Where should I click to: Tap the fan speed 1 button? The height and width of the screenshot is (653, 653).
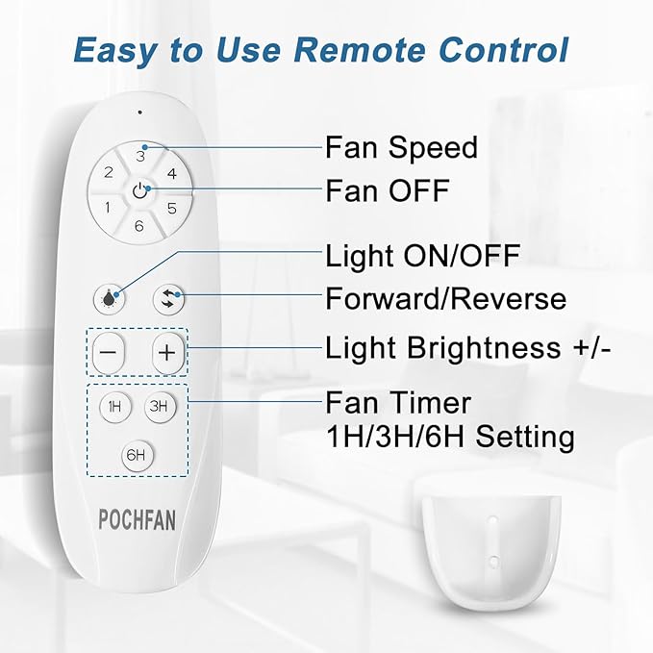[x=108, y=208]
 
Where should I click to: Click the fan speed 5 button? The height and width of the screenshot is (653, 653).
[x=172, y=208]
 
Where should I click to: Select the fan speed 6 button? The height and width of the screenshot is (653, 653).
[x=139, y=226]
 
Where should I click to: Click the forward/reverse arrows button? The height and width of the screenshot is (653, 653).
[x=169, y=298]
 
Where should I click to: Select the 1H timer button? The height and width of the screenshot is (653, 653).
[x=113, y=407]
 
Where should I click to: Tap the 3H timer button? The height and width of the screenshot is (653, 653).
[x=159, y=407]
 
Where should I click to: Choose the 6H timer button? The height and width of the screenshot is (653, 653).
[x=136, y=454]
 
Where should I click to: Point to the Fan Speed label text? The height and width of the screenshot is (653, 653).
[x=401, y=148]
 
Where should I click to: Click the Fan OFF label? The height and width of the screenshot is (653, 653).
[x=387, y=190]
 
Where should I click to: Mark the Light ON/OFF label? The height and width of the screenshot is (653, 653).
[x=422, y=257]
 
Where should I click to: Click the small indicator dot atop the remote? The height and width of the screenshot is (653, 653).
[x=140, y=113]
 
